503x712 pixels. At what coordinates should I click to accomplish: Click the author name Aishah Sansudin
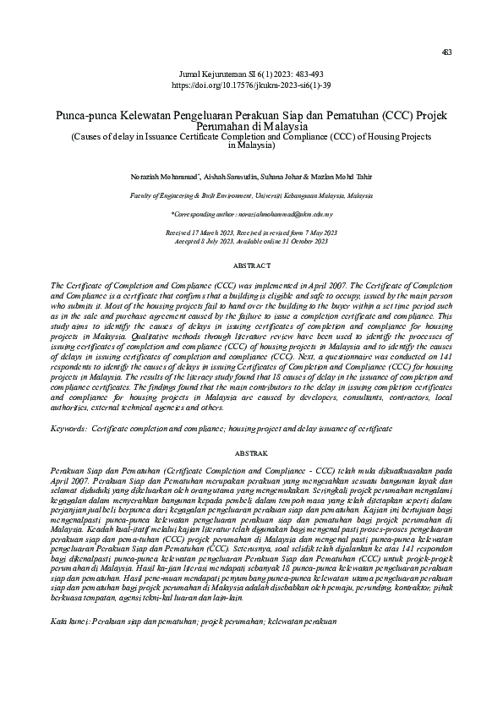pos(251,176)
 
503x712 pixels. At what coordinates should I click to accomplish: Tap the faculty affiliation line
pos(251,194)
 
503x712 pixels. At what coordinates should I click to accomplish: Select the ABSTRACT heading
pos(251,266)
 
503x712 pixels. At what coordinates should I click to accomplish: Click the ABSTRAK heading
pos(251,453)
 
